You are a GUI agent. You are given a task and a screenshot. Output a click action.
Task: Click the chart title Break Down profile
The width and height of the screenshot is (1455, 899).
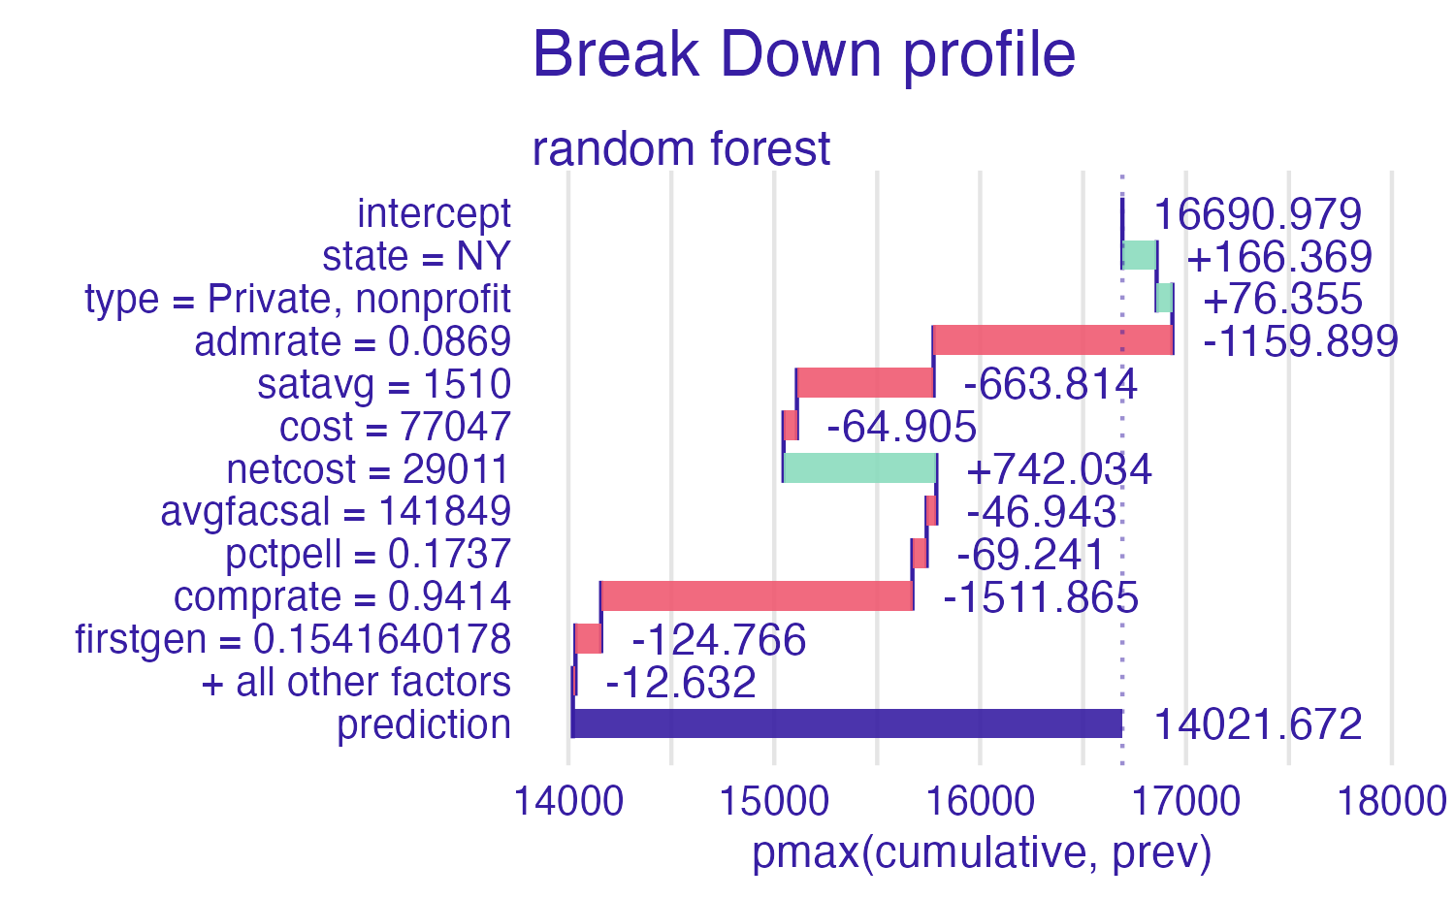coord(803,54)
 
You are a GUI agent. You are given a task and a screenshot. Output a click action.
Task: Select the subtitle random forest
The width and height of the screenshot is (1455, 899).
coord(681,149)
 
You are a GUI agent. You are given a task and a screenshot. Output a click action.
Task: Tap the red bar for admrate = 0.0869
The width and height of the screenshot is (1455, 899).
coord(1052,340)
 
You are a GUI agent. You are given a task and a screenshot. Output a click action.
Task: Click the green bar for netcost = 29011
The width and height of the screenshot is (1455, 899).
coord(859,468)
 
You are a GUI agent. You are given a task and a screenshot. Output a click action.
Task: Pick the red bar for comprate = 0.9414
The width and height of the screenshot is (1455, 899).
coord(757,595)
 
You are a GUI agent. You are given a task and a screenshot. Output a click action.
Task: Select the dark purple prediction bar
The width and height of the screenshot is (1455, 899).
coord(847,723)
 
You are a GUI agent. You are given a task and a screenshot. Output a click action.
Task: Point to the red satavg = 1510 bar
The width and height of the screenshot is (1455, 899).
coord(865,383)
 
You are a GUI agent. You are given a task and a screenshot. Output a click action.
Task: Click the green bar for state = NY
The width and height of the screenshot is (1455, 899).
coord(1139,255)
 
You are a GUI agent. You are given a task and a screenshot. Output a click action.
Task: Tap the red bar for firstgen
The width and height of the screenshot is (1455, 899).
coord(588,639)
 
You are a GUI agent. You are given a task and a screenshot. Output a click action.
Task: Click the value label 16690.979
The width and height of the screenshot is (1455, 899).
coord(1257,214)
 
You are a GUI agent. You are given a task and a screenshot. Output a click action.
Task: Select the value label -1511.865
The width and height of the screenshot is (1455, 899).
coord(1040,597)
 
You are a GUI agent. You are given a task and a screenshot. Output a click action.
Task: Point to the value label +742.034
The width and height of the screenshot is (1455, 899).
coord(1058,469)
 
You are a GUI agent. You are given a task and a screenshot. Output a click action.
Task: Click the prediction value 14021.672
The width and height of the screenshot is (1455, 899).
coord(1257,724)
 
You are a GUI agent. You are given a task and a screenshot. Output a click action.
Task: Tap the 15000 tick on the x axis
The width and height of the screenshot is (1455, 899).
coord(773,802)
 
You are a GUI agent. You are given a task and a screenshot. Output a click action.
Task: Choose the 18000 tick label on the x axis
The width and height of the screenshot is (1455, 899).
coord(1392,802)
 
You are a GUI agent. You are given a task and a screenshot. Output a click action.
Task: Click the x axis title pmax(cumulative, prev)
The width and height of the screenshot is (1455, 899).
coord(981,852)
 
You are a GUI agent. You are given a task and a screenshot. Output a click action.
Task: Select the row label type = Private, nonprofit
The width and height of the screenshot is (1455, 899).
coord(298,299)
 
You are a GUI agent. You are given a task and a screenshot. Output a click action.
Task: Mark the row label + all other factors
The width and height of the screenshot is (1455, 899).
coord(355,682)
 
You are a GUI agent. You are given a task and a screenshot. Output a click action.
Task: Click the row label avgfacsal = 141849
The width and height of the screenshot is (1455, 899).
coord(336,511)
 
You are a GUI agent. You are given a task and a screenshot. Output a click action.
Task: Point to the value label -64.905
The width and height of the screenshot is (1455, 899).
coord(901,427)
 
